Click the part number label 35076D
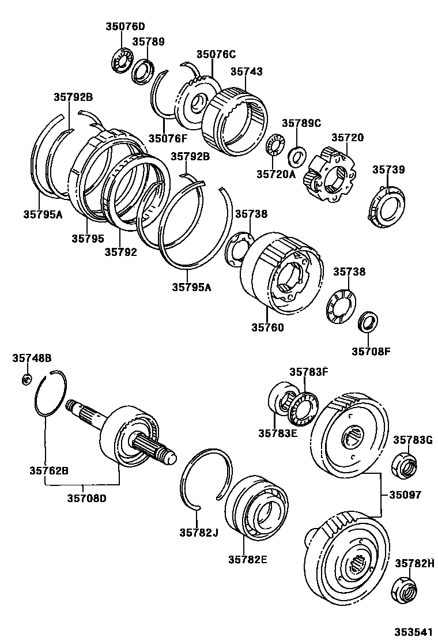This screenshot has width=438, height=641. pyautogui.click(x=125, y=26)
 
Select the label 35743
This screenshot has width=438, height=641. pyautogui.click(x=247, y=72)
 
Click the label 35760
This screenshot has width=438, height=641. pyautogui.click(x=267, y=327)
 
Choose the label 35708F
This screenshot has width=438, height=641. pyautogui.click(x=371, y=351)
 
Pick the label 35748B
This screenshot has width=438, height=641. pyautogui.click(x=32, y=359)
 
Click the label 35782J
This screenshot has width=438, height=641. pyautogui.click(x=198, y=532)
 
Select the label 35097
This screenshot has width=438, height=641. pyautogui.click(x=405, y=495)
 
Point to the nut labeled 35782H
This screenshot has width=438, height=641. pyautogui.click(x=404, y=590)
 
